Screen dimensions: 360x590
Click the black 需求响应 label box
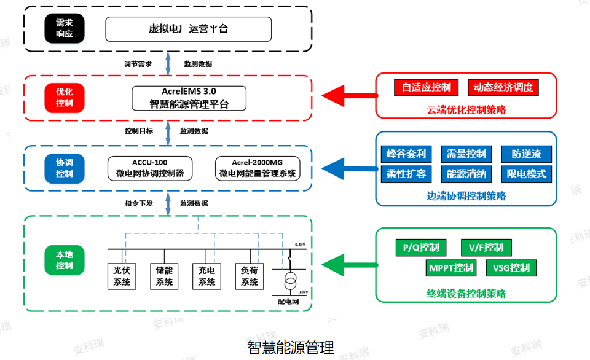[x=65, y=28]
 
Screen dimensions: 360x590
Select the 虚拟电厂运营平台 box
[x=188, y=29]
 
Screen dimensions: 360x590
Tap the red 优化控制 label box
[x=65, y=97]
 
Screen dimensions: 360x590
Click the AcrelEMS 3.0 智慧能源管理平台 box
[x=189, y=98]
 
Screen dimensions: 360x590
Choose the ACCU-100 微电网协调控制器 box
[x=150, y=168]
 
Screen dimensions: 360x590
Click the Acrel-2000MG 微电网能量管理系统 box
[x=258, y=168]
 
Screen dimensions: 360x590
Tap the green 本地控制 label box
[x=65, y=260]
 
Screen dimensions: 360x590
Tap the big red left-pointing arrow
[x=348, y=95]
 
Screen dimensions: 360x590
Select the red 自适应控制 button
[x=426, y=87]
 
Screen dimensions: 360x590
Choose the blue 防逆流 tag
[x=526, y=154]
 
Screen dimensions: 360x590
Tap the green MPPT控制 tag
[x=451, y=268]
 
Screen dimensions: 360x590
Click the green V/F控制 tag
[x=486, y=248]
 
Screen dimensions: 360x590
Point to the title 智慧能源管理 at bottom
[x=290, y=348]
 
